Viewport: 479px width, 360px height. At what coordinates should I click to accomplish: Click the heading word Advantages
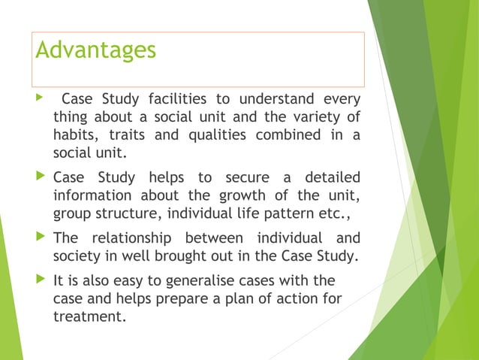(x=96, y=50)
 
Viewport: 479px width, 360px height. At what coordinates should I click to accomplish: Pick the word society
(x=78, y=256)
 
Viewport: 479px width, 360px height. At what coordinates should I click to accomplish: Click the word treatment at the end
(x=88, y=317)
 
